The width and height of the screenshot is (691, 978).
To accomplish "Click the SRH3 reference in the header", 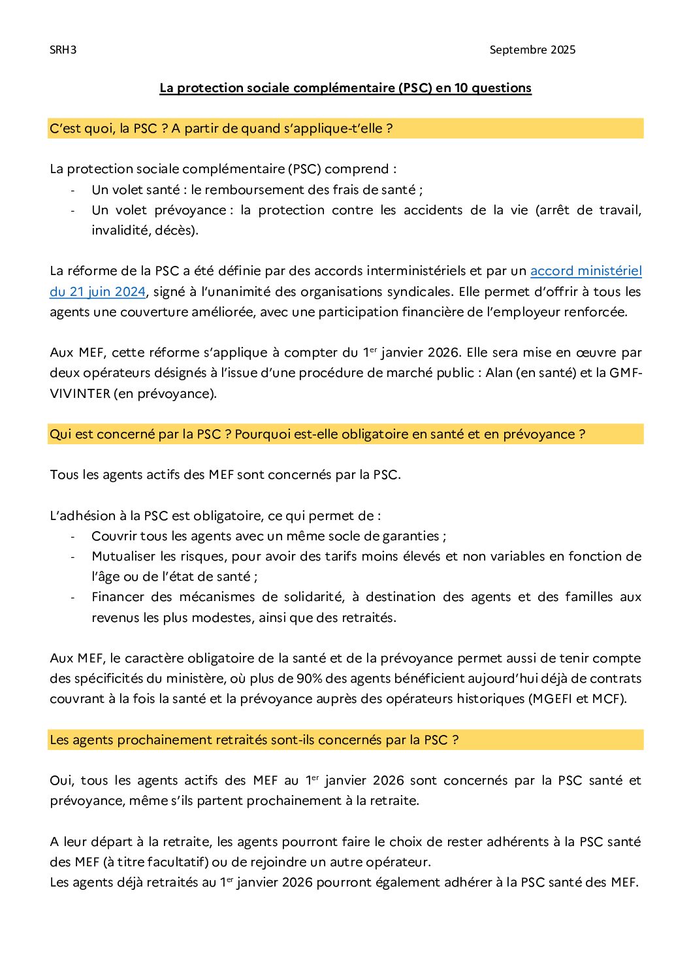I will coord(63,50).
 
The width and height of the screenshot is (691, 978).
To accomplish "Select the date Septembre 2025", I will coord(532,50).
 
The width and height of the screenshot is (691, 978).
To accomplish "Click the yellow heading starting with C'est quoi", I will coord(221,129).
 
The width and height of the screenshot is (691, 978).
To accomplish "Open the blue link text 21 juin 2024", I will coord(98,292).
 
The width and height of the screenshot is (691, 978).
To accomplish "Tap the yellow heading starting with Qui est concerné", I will coord(317,434).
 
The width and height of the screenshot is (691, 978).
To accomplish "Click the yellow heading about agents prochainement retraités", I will coord(254,740).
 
